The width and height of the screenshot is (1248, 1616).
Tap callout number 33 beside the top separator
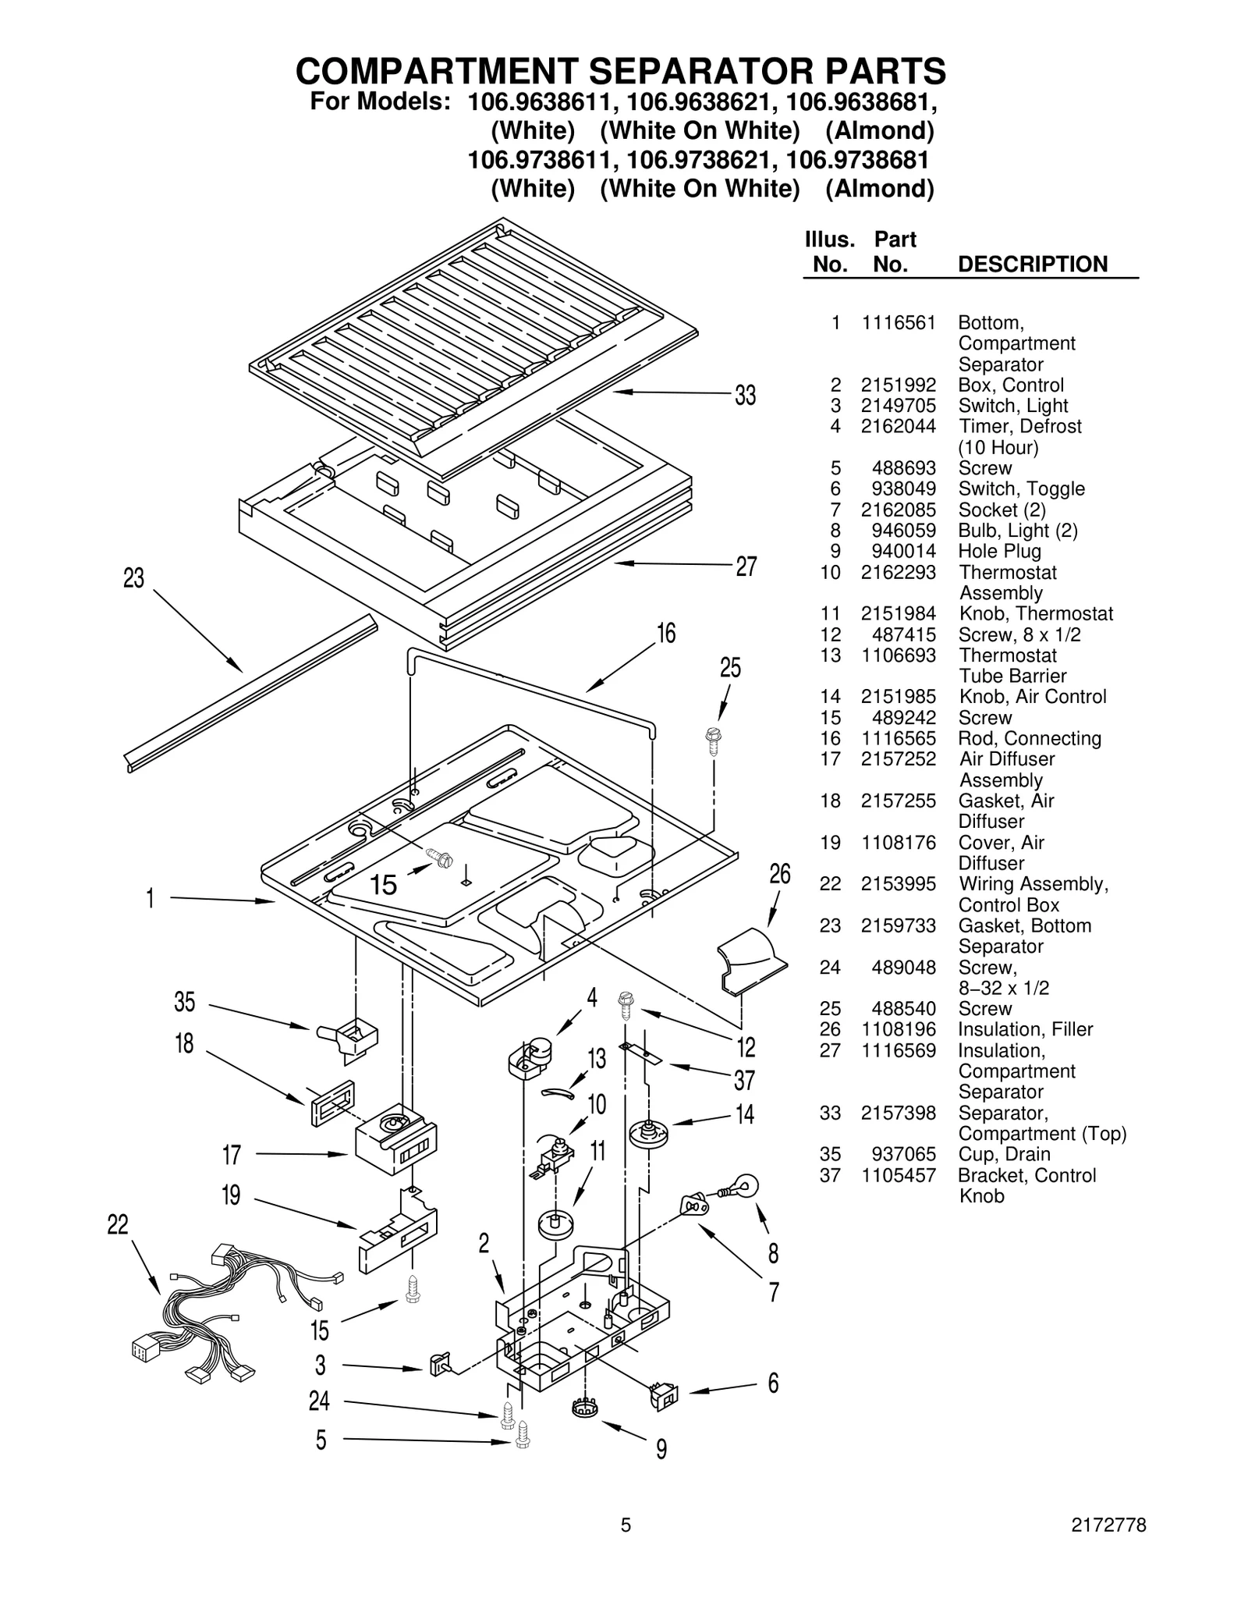click(745, 396)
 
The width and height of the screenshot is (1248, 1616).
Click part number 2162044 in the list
click(898, 426)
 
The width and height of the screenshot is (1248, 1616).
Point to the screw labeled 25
click(712, 739)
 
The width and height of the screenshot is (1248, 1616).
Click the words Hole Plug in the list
click(999, 551)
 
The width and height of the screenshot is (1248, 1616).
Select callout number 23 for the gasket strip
click(133, 578)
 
